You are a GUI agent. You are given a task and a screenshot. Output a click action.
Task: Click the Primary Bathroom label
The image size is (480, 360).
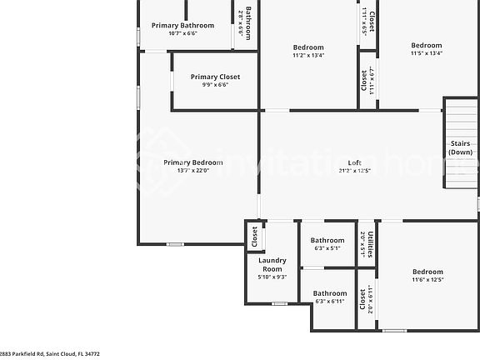tap(182, 25)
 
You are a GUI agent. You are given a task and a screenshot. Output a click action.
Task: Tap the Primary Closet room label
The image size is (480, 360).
tap(215, 77)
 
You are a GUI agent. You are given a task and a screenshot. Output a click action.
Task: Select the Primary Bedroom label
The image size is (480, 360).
tap(192, 162)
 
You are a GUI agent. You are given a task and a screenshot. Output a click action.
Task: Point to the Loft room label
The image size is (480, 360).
tap(355, 162)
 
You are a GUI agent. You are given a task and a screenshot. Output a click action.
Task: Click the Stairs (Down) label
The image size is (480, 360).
tap(460, 147)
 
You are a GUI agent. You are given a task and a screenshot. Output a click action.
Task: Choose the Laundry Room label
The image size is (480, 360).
tap(272, 264)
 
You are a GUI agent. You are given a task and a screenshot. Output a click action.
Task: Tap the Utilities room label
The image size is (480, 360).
tap(370, 242)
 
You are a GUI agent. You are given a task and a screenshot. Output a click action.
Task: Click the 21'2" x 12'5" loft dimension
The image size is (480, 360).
tap(355, 171)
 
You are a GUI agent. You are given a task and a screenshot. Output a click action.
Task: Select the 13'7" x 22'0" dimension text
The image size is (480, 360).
tap(192, 171)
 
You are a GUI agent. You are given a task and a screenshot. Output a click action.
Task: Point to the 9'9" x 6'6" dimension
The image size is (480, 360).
tap(215, 85)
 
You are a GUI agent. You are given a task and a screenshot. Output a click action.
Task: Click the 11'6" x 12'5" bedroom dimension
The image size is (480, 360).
tap(427, 280)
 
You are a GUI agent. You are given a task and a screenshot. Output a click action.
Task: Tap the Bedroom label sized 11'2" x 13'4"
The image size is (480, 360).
tap(308, 47)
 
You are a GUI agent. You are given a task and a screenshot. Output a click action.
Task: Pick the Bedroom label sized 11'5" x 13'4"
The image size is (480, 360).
tap(427, 45)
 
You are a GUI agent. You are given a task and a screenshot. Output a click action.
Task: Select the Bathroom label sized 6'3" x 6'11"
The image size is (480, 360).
tap(329, 293)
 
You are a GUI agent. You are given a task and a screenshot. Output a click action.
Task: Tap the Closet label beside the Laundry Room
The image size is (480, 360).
tap(255, 237)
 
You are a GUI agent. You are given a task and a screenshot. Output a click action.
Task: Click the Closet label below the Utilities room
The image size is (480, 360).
tap(362, 299)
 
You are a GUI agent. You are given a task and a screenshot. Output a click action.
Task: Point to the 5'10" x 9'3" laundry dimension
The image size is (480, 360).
tap(272, 277)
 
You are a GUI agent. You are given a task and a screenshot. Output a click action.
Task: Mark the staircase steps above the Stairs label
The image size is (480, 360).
tap(459, 117)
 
